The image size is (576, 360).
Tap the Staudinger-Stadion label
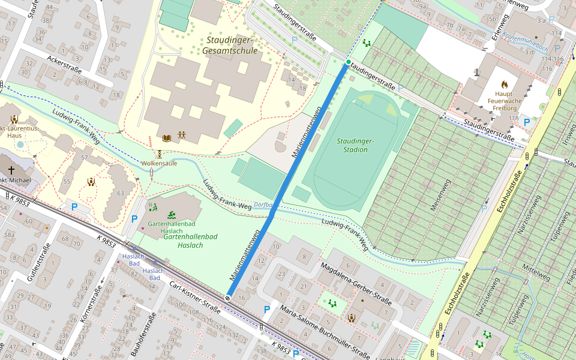tap(355, 145)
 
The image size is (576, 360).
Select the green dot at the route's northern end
tap(348, 62)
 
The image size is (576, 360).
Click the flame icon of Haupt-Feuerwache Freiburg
tap(504, 85)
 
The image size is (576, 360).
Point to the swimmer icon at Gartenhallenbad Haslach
tap(172, 215)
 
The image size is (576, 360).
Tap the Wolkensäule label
tap(159, 163)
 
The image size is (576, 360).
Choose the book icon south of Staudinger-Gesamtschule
tap(167, 138)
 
